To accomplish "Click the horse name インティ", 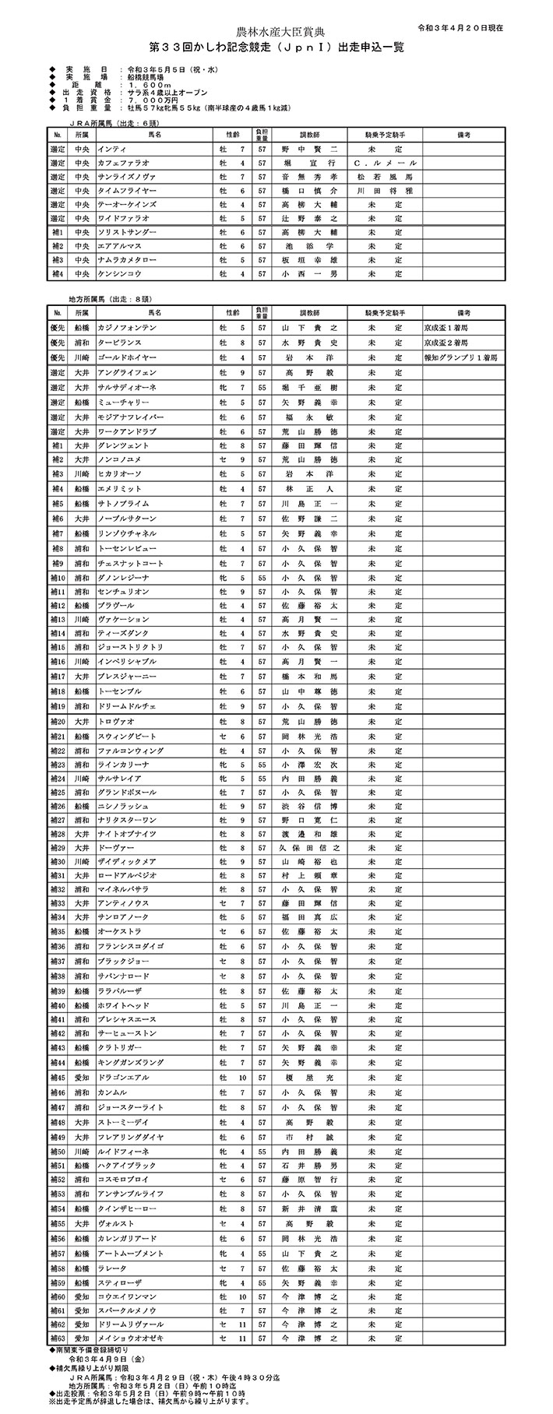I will [x=111, y=149].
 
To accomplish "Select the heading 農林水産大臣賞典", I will [x=276, y=31].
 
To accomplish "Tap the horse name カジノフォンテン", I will [x=127, y=329].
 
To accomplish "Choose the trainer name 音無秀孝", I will [x=309, y=177].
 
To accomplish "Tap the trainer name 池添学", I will [x=309, y=246].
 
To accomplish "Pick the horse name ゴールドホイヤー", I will [x=126, y=357].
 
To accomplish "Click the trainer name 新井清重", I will [x=309, y=1208].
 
